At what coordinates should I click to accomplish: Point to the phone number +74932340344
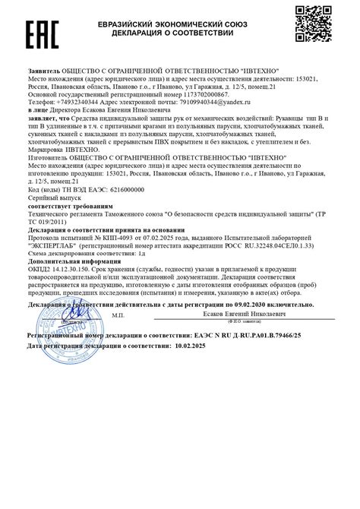click(75, 101)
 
